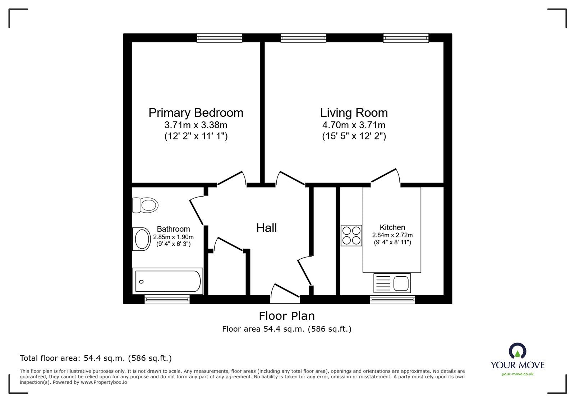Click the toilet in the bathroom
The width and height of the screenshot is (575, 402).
[x=146, y=205]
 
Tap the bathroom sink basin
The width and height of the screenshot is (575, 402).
[x=141, y=239]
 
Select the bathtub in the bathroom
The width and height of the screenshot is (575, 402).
[x=167, y=281]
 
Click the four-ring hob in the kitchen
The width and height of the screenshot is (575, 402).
[x=351, y=235]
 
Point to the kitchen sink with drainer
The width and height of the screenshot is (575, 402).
[x=392, y=283]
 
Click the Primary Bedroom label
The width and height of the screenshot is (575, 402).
[x=196, y=113]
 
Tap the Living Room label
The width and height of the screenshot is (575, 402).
[x=354, y=113]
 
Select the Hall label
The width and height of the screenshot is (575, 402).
[x=266, y=228]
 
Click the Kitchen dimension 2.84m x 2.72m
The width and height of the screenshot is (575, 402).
[x=392, y=235]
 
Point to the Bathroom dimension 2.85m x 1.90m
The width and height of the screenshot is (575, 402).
[x=173, y=237]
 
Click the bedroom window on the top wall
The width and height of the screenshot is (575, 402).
[x=219, y=38]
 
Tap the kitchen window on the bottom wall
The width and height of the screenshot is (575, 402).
[x=392, y=300]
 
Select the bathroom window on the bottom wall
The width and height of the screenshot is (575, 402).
[x=167, y=300]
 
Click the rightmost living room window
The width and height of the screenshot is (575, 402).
[x=406, y=38]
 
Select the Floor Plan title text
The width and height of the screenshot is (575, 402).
[x=287, y=316]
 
